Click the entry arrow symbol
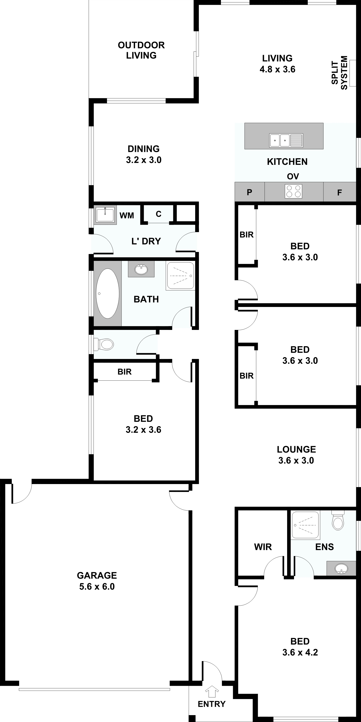click(x=212, y=691)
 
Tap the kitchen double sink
click(x=286, y=140)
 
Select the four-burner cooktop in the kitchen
click(x=293, y=191)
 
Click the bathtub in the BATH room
click(x=107, y=293)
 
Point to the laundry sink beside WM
click(x=105, y=215)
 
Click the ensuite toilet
click(x=338, y=520)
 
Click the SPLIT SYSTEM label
click(x=339, y=73)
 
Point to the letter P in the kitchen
click(x=249, y=192)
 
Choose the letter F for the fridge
click(x=339, y=193)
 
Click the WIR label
click(x=263, y=547)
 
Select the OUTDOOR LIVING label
click(x=141, y=50)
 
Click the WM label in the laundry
click(x=127, y=216)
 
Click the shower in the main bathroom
click(x=180, y=276)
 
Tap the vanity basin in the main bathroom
click(x=141, y=269)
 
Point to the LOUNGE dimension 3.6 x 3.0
click(x=296, y=460)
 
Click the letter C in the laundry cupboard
click(x=159, y=214)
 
